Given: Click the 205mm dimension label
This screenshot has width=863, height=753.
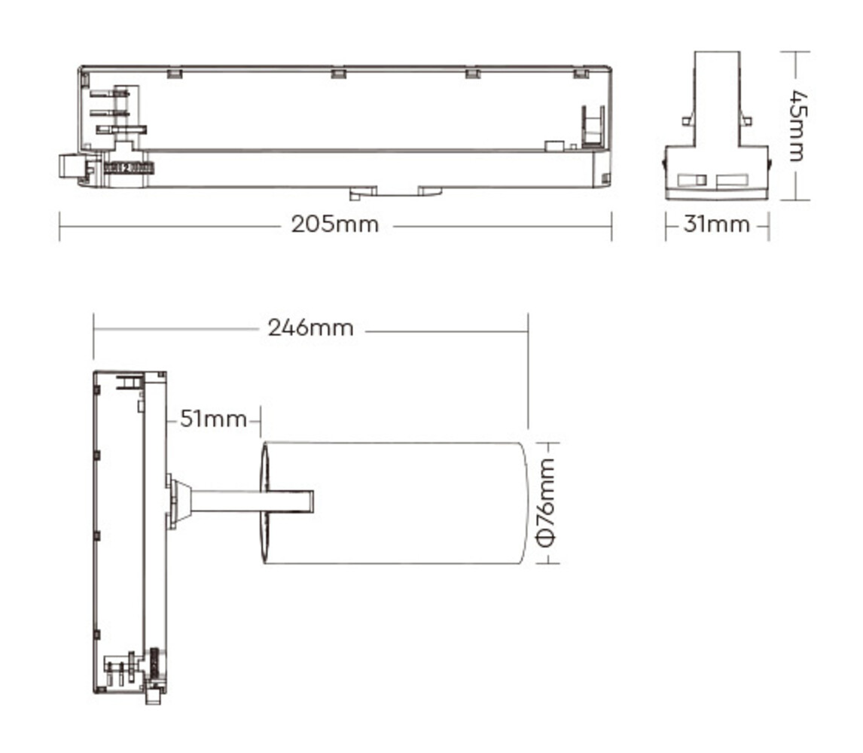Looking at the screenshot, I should [x=335, y=224].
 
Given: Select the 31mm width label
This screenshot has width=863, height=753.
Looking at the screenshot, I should [x=716, y=224].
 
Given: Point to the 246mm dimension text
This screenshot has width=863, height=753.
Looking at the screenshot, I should [x=310, y=328].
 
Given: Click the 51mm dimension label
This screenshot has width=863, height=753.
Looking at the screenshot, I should [x=213, y=419].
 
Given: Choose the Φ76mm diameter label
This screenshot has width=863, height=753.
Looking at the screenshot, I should [x=547, y=501].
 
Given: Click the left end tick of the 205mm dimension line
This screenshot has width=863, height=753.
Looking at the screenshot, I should [x=59, y=225].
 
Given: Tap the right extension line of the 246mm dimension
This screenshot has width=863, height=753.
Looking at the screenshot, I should [x=528, y=369].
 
